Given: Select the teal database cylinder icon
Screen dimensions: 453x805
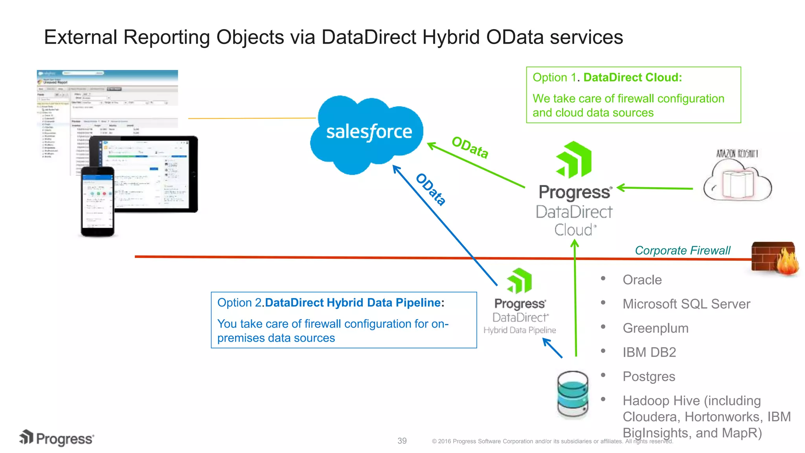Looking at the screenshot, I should [x=573, y=394].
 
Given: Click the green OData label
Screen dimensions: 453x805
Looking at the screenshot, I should [x=470, y=147].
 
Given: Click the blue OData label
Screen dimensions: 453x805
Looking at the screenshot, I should [x=431, y=190].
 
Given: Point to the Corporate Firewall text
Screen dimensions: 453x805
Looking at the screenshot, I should [x=682, y=250].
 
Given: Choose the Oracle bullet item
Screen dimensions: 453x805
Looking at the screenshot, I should [x=642, y=280].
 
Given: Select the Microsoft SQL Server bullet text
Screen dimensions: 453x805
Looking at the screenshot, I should [x=686, y=304].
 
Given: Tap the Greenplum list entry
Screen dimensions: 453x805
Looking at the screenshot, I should [x=655, y=328].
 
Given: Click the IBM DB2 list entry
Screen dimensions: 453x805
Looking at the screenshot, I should [x=649, y=352].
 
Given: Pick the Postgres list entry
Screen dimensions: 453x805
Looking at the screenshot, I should [x=649, y=376].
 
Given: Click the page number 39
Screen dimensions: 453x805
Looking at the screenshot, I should [x=402, y=441].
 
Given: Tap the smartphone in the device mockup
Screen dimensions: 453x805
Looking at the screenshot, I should [x=97, y=202].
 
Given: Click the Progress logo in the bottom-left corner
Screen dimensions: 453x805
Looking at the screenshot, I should [x=57, y=438].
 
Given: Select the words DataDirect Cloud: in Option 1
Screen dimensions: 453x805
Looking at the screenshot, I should [x=632, y=77].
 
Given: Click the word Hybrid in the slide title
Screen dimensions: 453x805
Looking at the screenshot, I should [x=451, y=37].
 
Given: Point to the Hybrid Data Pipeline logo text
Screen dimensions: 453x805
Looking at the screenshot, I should [x=519, y=330].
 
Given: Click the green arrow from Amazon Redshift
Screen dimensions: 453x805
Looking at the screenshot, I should [x=655, y=188].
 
